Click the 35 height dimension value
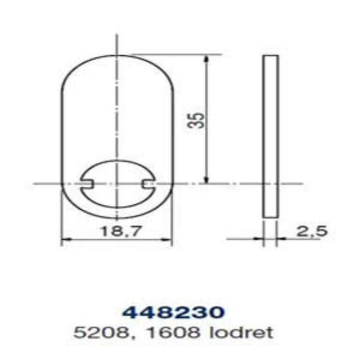pos(195,120)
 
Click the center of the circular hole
pos(117,183)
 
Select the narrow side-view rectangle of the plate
pos(271,136)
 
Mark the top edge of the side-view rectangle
pos(271,55)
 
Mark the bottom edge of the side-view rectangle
pos(271,218)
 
